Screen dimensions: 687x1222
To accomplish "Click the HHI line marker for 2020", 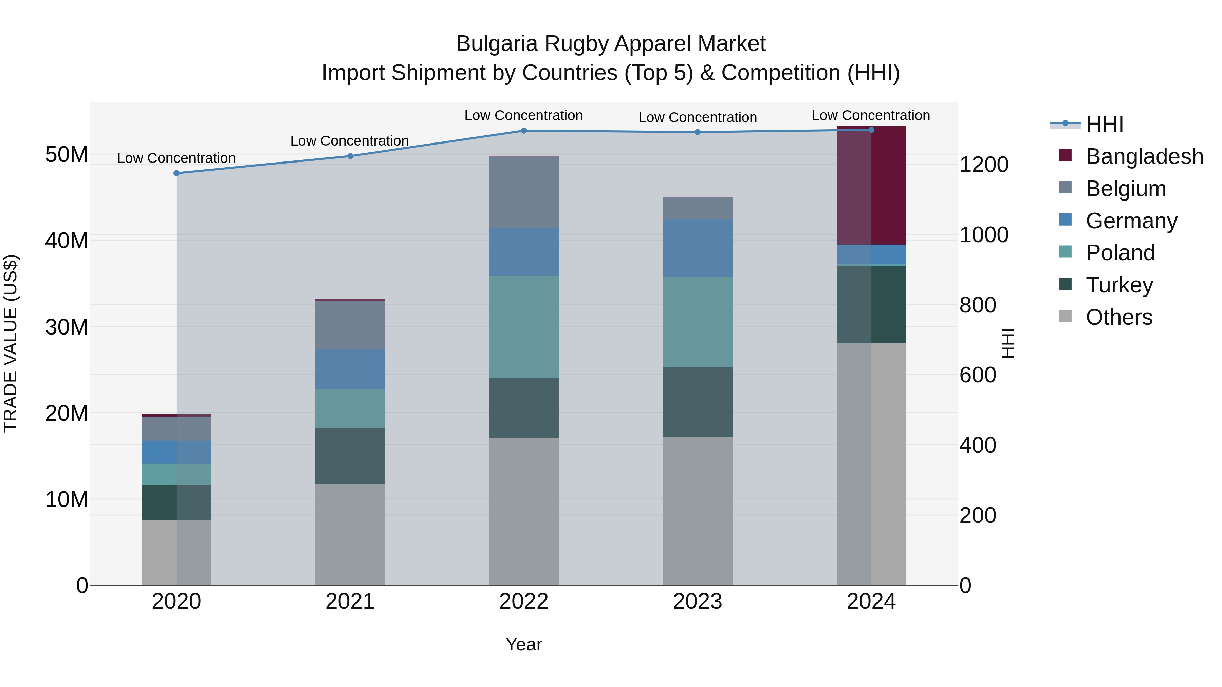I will pos(177,173).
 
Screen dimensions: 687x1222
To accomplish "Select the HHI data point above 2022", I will pos(524,130).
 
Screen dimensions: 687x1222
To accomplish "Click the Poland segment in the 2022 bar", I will pos(524,327).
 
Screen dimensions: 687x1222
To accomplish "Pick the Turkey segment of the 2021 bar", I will pos(350,456).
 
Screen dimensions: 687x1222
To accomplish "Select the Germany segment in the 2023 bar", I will pos(697,248).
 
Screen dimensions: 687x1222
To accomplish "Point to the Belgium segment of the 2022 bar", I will pos(524,192).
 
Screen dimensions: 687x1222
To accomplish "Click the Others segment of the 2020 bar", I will pos(177,552).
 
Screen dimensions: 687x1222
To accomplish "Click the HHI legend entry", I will pos(1104,124).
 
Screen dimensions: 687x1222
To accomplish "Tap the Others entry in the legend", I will pos(1118,317).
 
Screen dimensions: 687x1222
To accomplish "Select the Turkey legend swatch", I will pos(1065,285).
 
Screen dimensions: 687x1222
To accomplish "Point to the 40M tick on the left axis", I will pos(67,241).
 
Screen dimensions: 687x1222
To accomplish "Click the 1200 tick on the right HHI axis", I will pos(983,165).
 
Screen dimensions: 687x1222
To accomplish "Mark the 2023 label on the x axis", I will pos(697,602).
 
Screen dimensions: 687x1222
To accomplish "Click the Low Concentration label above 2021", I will pos(349,141).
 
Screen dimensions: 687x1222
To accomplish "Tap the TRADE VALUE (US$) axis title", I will pos(11,343).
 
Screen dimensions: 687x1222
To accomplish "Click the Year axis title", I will pos(524,644).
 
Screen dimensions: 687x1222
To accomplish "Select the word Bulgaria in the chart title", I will pos(497,44).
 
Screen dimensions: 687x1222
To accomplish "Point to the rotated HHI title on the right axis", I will pos(1007,343).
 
